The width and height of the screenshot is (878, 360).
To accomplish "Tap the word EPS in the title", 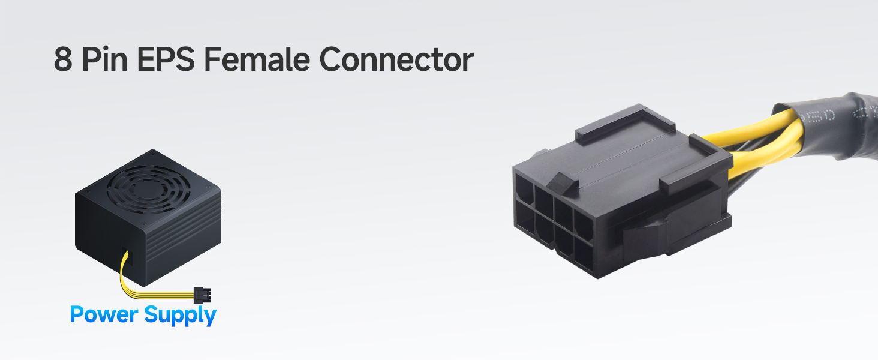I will coord(169,59).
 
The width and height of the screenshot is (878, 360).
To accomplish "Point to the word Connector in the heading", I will coord(396,59).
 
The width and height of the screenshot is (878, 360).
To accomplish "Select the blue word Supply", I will coord(181,315).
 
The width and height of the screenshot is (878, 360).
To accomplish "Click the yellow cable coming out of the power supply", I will coord(150,291).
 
